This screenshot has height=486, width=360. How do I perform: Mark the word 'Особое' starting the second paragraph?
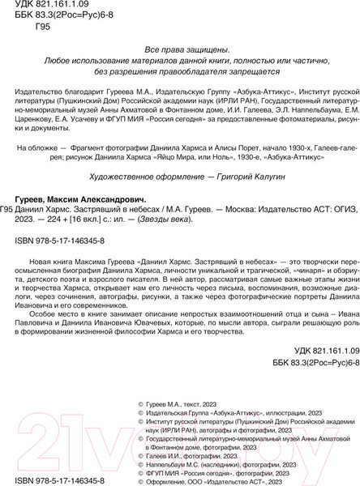coord(48,346)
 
